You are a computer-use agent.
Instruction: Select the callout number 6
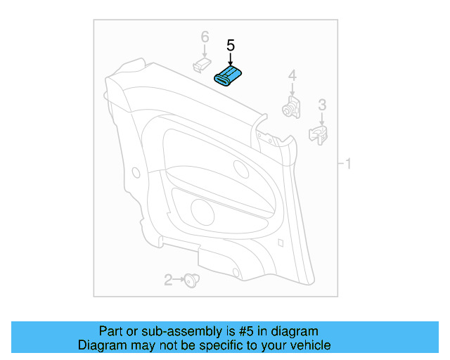pyautogui.click(x=205, y=36)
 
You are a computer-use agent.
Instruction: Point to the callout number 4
pyautogui.click(x=292, y=76)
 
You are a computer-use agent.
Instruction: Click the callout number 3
pyautogui.click(x=322, y=105)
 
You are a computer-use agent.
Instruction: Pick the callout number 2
pyautogui.click(x=168, y=281)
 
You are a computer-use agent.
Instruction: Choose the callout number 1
pyautogui.click(x=347, y=165)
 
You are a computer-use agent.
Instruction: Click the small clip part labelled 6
pyautogui.click(x=202, y=65)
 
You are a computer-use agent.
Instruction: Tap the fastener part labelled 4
pyautogui.click(x=290, y=106)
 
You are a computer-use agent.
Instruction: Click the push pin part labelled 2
pyautogui.click(x=189, y=281)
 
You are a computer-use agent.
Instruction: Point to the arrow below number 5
pyautogui.click(x=230, y=58)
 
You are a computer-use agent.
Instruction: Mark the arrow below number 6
pyautogui.click(x=205, y=51)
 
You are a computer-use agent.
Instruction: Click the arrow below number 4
pyautogui.click(x=292, y=89)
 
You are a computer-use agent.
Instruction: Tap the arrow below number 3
pyautogui.click(x=322, y=118)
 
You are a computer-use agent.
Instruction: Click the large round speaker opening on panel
pyautogui.click(x=202, y=210)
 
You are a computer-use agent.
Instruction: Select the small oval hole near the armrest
pyautogui.click(x=239, y=169)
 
